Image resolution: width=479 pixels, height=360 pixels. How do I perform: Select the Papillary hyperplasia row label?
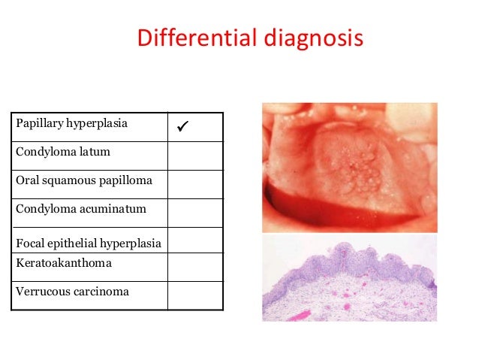[71, 123]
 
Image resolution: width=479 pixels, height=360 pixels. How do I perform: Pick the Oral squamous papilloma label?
[83, 180]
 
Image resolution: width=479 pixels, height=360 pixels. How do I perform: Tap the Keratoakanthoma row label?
[64, 263]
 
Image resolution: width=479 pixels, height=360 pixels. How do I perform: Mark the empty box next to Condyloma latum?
[195, 155]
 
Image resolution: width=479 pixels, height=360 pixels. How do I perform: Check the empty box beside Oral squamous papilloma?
[195, 183]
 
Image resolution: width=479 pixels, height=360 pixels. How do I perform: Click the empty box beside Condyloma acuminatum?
[195, 212]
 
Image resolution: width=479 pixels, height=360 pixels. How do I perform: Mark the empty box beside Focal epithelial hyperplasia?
[195, 240]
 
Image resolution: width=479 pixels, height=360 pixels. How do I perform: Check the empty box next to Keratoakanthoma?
[195, 266]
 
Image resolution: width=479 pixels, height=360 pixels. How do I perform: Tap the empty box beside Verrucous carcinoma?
[195, 295]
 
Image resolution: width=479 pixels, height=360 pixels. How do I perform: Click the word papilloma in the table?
[127, 181]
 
